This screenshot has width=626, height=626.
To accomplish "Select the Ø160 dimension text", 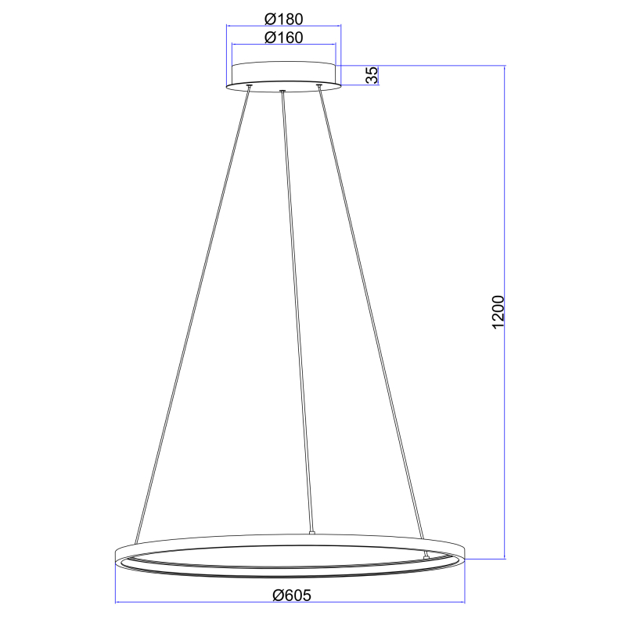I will pos(283,37).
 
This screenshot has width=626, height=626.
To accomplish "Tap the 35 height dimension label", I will pos(372,75).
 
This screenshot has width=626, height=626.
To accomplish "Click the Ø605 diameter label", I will pos(292,595).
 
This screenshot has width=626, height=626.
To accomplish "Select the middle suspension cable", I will pos(297,313).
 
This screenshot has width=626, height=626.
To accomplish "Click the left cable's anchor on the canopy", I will pos(249,86).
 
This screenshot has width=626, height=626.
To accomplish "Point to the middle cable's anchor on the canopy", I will pos(282,92).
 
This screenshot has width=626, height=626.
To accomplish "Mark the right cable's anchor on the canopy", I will pos(318,86).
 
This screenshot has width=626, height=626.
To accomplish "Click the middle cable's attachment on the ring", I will pos(311,534).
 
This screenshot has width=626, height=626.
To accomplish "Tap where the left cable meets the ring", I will pos(137,541).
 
